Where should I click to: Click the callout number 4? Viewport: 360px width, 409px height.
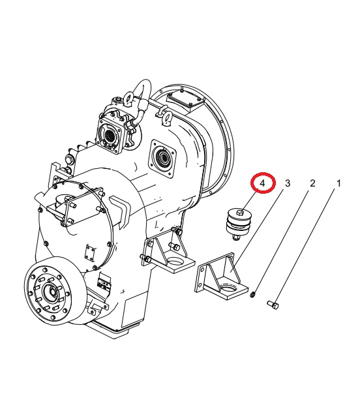pyautogui.click(x=262, y=183)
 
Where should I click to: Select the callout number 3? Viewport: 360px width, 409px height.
pyautogui.click(x=288, y=183)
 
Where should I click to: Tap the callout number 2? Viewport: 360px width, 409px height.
pyautogui.click(x=312, y=183)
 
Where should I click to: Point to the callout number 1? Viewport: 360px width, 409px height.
pyautogui.click(x=338, y=183)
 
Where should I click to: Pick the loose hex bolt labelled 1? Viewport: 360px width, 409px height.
pyautogui.click(x=273, y=305)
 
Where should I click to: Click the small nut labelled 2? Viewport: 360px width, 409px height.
pyautogui.click(x=252, y=295)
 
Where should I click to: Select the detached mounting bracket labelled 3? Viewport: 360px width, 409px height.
pyautogui.click(x=222, y=275)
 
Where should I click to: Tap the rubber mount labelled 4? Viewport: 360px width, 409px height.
pyautogui.click(x=239, y=224)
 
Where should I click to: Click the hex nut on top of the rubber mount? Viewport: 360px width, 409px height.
pyautogui.click(x=240, y=213)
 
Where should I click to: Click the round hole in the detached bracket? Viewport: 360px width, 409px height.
pyautogui.click(x=229, y=288)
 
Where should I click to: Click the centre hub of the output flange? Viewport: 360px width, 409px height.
pyautogui.click(x=50, y=290)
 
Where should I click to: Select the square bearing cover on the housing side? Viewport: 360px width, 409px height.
pyautogui.click(x=162, y=159)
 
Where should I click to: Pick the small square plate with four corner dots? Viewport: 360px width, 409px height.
pyautogui.click(x=90, y=252)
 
